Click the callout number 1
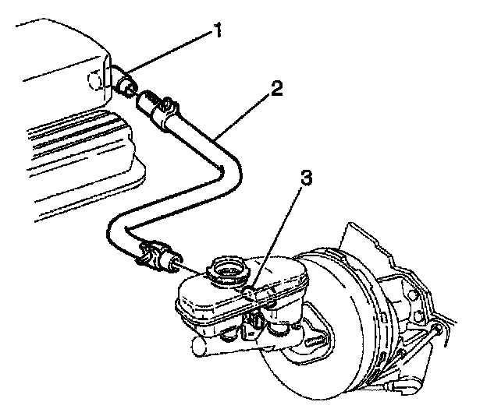(219, 32)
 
